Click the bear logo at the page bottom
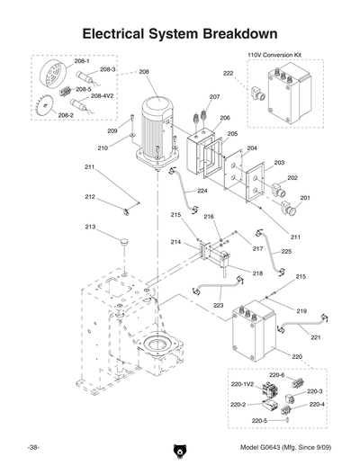click(x=179, y=448)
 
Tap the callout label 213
click(x=90, y=227)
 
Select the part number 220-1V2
click(x=241, y=383)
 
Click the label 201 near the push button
click(x=305, y=197)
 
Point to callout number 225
click(x=286, y=252)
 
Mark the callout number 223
click(x=218, y=306)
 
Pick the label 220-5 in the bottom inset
click(x=259, y=420)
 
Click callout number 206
click(x=225, y=118)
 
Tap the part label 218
click(x=257, y=273)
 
